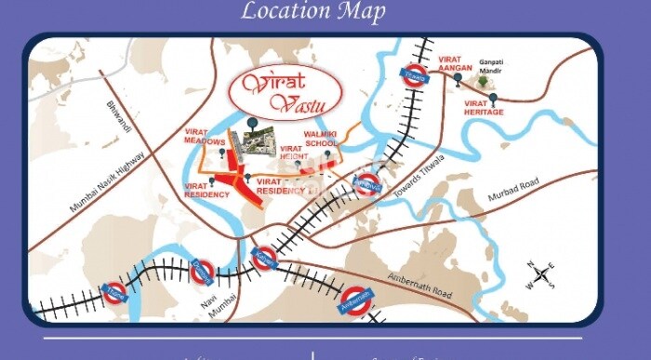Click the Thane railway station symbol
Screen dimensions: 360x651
(115, 293)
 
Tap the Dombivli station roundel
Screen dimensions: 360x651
(202, 272)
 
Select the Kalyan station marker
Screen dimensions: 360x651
(264, 257)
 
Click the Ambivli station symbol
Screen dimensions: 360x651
(369, 184)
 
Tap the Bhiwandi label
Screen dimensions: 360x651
(119, 120)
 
